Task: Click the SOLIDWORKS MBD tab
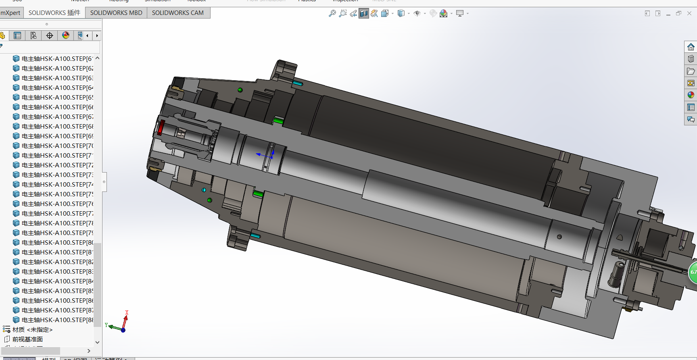tap(116, 13)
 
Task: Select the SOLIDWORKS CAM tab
tap(177, 13)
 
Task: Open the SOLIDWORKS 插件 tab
tap(54, 13)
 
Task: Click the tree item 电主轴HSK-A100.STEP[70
tap(57, 146)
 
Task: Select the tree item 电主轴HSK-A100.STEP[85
tap(57, 291)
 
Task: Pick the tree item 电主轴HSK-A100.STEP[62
tap(57, 69)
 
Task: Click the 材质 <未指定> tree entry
tap(32, 330)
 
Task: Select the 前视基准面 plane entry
tap(27, 339)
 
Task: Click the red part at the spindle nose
tap(160, 127)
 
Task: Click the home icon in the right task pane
tap(691, 47)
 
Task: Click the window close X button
tap(689, 13)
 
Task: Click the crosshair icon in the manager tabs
tap(50, 35)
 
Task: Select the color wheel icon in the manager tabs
tap(66, 35)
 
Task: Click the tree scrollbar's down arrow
tap(97, 342)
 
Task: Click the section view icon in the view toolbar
tap(364, 14)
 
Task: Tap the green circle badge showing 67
tap(693, 272)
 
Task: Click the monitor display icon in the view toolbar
tap(460, 14)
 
